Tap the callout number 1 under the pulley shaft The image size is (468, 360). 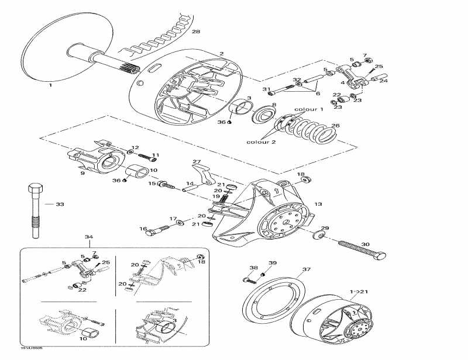50,85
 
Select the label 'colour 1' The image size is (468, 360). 308,109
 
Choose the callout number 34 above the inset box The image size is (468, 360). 89,237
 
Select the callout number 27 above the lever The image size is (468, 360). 197,162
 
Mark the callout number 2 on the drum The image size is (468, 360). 221,54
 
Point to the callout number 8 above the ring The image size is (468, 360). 274,105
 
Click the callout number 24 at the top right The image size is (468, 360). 383,81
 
